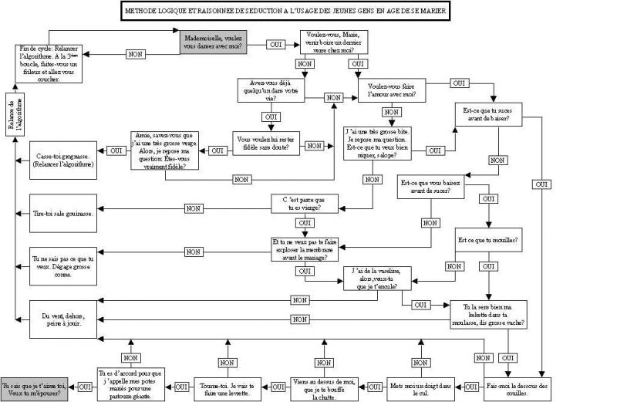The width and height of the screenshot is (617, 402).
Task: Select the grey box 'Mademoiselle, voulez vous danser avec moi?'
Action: point(214,43)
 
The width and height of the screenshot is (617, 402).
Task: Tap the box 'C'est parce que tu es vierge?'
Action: point(305,204)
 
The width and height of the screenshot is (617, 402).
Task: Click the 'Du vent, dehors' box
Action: point(64,320)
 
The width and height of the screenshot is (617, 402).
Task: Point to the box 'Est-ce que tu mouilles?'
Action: point(487,240)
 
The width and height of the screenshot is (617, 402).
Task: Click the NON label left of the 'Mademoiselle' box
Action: point(136,55)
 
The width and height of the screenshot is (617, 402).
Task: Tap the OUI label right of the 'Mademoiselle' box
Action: point(274,44)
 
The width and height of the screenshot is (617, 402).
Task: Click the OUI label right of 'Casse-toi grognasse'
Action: point(116,150)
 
